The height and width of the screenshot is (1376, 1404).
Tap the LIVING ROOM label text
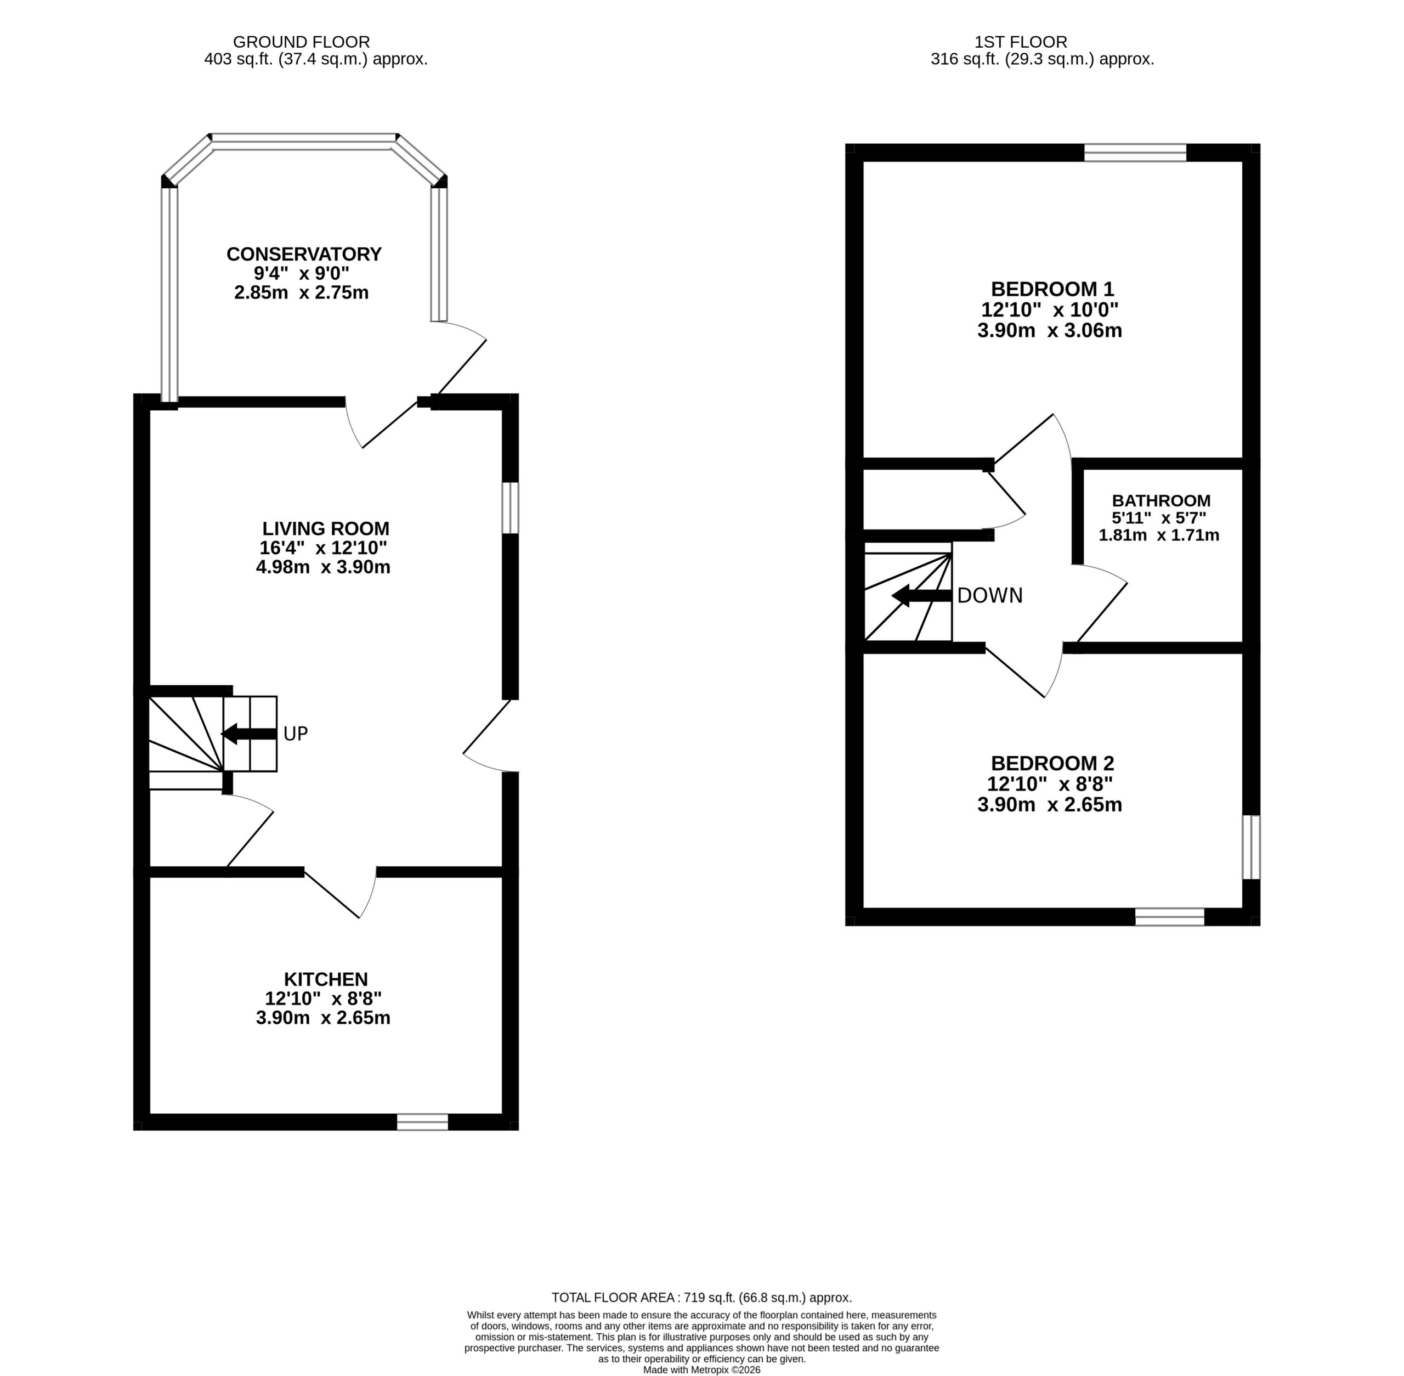click(x=325, y=528)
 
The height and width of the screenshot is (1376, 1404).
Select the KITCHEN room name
click(x=326, y=979)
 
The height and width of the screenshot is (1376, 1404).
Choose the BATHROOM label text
click(x=1161, y=500)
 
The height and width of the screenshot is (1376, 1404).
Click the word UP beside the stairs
click(x=296, y=734)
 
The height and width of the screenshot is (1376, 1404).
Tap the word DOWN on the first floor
click(x=990, y=595)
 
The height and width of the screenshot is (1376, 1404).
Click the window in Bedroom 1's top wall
click(x=1135, y=153)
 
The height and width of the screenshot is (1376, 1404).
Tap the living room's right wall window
click(x=510, y=507)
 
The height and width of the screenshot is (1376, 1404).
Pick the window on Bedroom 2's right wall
click(x=1251, y=847)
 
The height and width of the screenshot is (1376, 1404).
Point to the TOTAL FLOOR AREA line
click(x=701, y=1297)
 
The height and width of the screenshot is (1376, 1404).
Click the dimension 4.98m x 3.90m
click(x=323, y=567)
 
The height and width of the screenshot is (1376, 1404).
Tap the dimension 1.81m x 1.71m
click(x=1159, y=535)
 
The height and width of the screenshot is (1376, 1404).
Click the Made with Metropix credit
click(x=701, y=1369)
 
